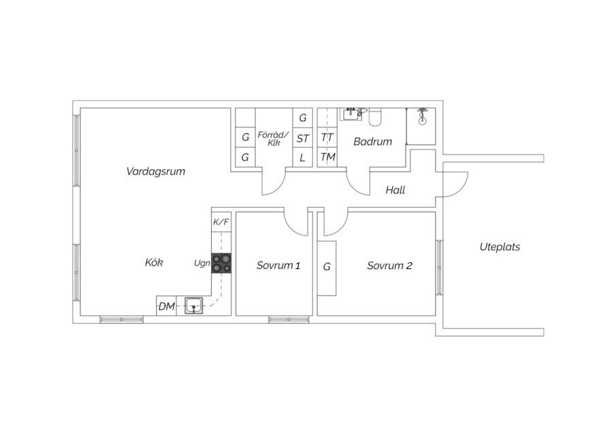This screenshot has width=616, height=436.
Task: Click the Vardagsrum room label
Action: click(x=156, y=172)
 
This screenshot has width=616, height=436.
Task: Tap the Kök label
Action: click(x=154, y=262)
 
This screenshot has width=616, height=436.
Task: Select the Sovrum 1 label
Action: click(x=278, y=266)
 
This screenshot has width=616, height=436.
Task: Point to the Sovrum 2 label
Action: click(x=389, y=266)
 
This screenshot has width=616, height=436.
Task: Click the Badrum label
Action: click(x=372, y=142)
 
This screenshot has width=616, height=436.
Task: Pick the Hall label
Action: click(x=395, y=190)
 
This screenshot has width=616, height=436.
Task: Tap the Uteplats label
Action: click(x=500, y=247)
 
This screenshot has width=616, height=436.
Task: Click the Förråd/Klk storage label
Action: click(x=274, y=139)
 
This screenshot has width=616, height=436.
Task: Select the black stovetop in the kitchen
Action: click(x=221, y=263)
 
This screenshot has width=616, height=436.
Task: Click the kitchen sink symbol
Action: click(x=194, y=306)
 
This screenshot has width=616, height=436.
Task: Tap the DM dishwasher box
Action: click(x=167, y=307)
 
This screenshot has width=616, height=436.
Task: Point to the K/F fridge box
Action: click(x=221, y=222)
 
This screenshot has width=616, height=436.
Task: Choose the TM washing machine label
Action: click(x=327, y=157)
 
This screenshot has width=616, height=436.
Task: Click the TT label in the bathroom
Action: click(x=327, y=138)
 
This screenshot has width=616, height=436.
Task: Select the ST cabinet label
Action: click(x=302, y=138)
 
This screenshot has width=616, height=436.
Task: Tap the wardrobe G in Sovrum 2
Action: click(x=327, y=267)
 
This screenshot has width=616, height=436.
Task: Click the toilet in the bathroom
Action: click(x=375, y=116)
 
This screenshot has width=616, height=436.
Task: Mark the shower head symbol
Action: click(x=422, y=116)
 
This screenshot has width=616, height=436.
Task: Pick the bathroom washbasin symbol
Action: click(x=352, y=114)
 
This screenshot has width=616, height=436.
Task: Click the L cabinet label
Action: click(x=302, y=158)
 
